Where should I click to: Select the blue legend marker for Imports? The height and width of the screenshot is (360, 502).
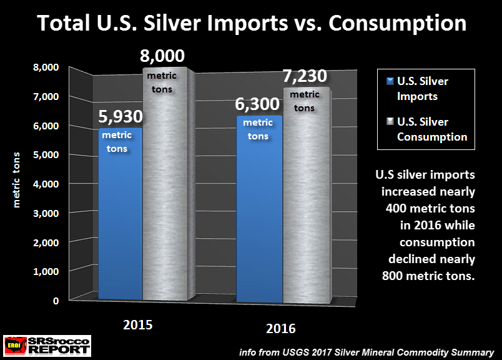[390, 81]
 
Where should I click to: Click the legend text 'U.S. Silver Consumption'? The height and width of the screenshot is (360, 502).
[431, 129]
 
